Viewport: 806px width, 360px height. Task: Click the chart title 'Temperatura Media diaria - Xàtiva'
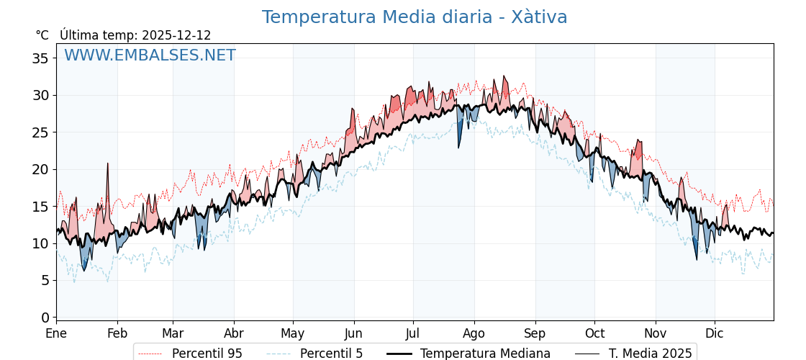click(x=415, y=17)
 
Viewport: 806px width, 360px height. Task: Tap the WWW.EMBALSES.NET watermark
click(x=150, y=55)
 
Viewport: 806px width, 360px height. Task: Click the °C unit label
click(x=42, y=35)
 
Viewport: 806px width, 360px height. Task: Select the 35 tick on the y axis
click(x=40, y=58)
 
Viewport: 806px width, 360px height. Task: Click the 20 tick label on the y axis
click(x=40, y=169)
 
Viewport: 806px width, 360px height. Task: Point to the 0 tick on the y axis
click(x=45, y=318)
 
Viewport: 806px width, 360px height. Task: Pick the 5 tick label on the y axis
click(x=45, y=280)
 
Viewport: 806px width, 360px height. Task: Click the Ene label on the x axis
click(x=56, y=334)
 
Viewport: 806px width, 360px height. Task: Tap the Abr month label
click(x=234, y=334)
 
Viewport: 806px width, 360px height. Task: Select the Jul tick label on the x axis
click(x=413, y=334)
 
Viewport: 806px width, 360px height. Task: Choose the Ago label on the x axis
click(x=474, y=334)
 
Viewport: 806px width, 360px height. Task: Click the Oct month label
click(x=594, y=334)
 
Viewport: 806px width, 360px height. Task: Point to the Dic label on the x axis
click(x=715, y=334)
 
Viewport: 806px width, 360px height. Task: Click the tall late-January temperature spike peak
click(x=107, y=164)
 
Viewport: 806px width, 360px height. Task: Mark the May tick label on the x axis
click(x=293, y=334)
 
